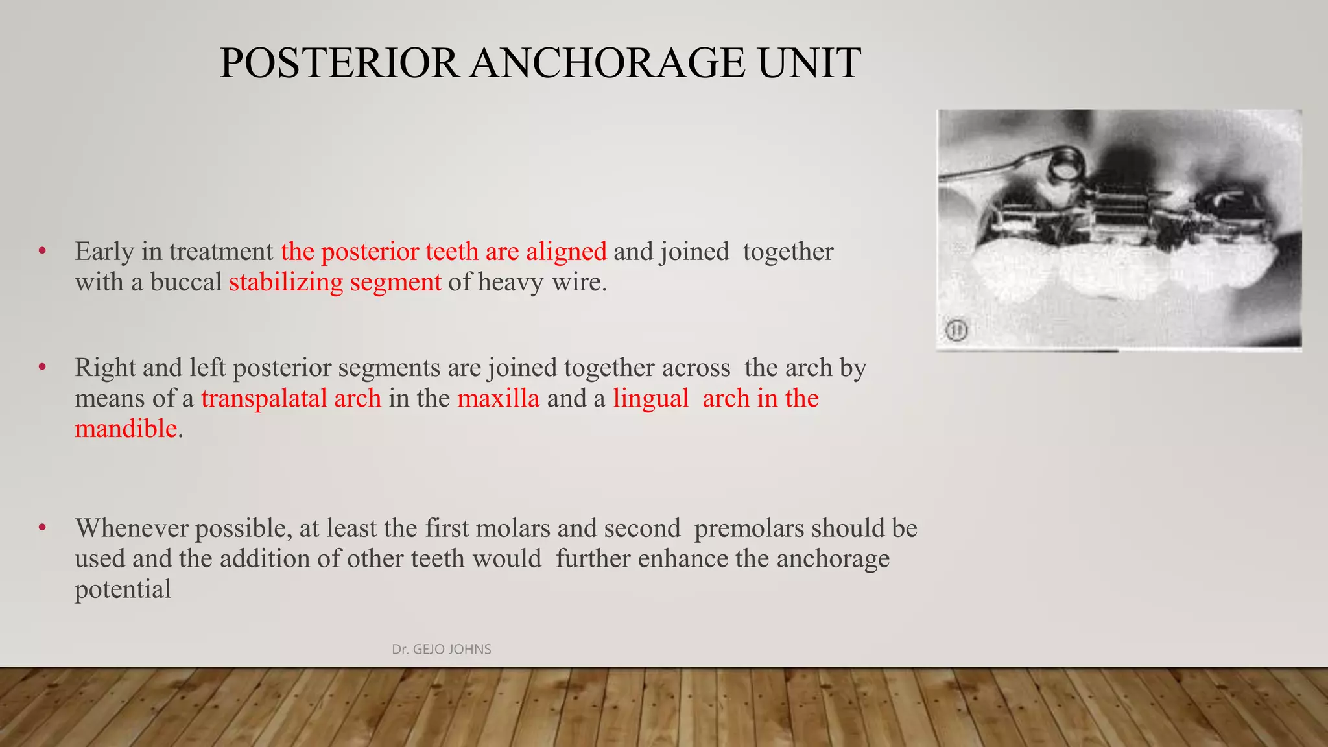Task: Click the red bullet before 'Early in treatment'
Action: (x=42, y=251)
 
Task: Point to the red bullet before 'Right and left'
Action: (x=42, y=367)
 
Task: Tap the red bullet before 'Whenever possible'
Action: (x=42, y=528)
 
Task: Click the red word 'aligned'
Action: (x=566, y=252)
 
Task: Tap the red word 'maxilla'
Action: (x=498, y=398)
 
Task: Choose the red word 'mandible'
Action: (x=126, y=429)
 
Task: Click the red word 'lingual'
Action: (x=650, y=398)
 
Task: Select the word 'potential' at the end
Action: (x=123, y=589)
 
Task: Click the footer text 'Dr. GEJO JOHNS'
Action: (x=442, y=649)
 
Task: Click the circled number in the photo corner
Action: (x=956, y=331)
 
